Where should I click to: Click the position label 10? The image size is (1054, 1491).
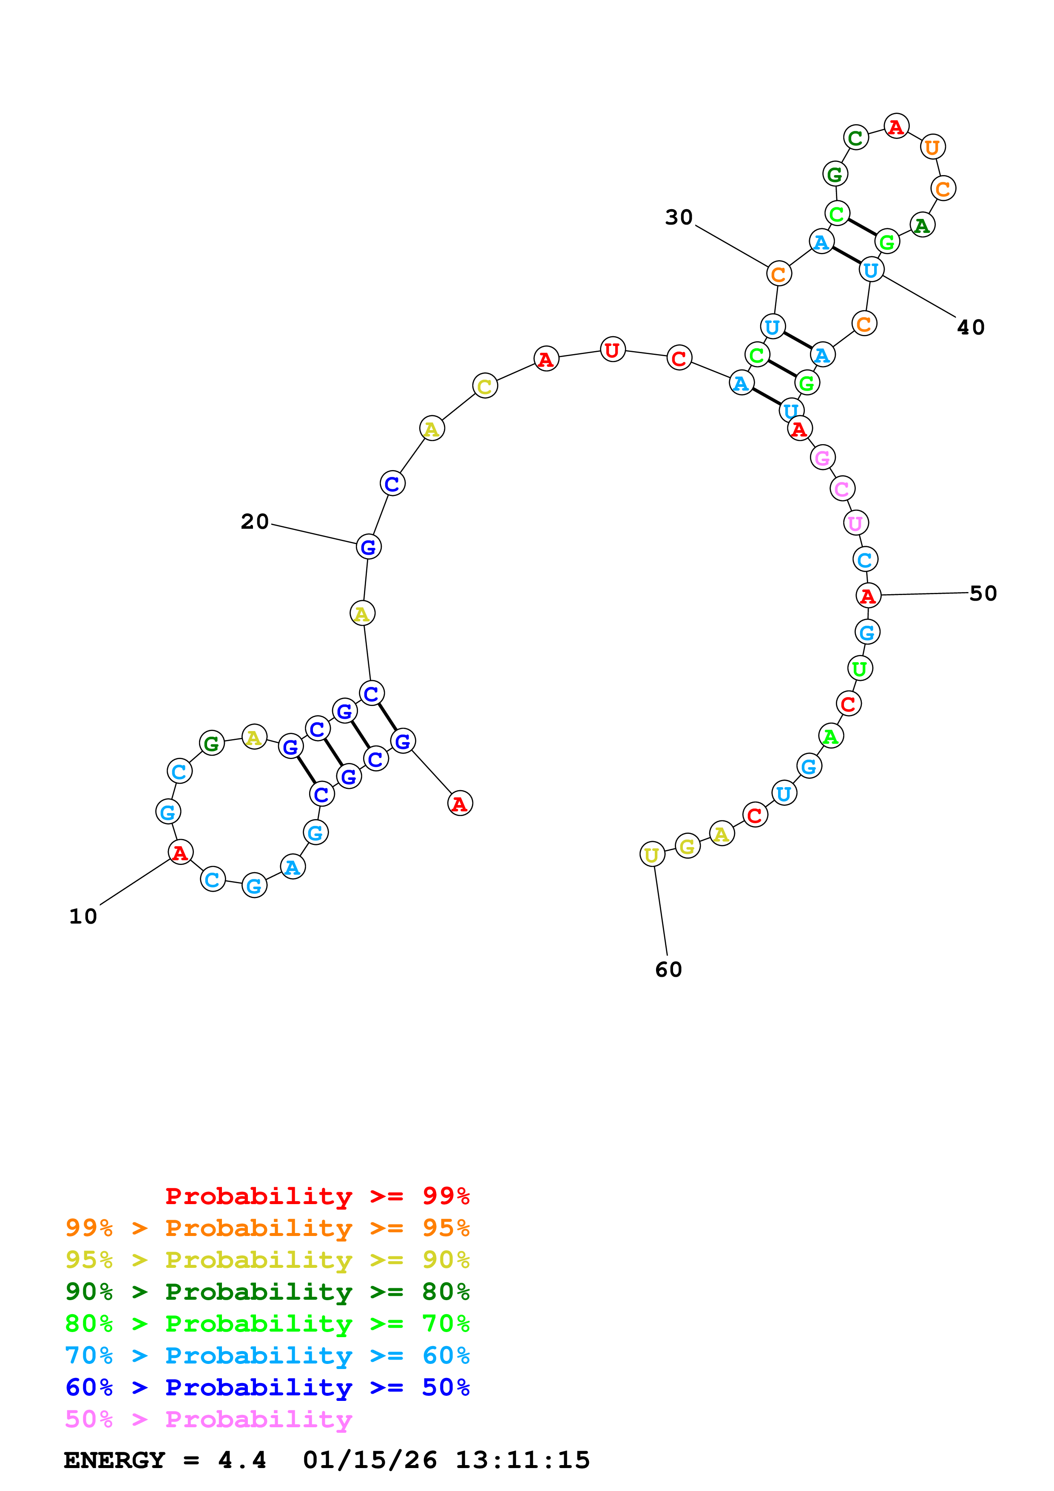pos(83,916)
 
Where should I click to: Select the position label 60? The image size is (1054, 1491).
pos(668,969)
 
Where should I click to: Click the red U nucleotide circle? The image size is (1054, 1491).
pos(612,350)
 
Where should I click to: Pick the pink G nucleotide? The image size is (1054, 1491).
pos(822,458)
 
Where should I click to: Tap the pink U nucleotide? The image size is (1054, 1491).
pos(855,523)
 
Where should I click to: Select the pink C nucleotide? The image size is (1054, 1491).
pos(842,488)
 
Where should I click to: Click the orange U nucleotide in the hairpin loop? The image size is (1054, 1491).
pos(932,147)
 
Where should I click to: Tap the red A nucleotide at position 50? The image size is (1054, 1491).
pos(868,595)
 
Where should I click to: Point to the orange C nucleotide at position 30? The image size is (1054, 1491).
pos(778,274)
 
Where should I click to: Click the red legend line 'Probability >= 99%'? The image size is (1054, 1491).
pos(317,1196)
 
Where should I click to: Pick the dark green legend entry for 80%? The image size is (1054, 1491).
pos(267,1292)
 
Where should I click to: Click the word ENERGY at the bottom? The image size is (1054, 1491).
pos(114,1460)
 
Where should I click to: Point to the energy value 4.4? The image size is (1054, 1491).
pos(241,1460)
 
